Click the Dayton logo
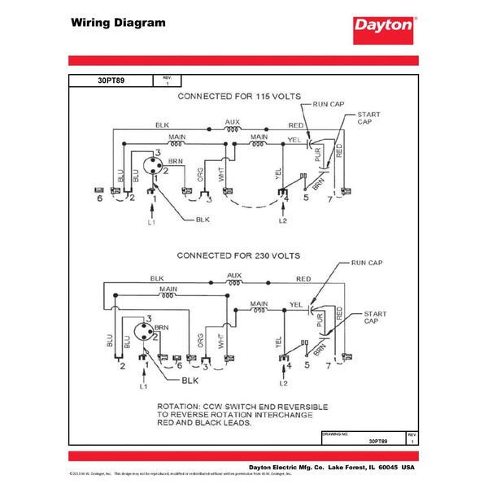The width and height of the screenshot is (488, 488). click(x=383, y=26)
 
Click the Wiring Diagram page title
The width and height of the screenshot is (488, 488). click(x=119, y=23)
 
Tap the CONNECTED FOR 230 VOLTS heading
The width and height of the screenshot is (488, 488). click(x=237, y=255)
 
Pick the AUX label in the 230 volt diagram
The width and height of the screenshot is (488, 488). click(x=234, y=276)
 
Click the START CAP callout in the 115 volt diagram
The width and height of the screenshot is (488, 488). click(x=368, y=119)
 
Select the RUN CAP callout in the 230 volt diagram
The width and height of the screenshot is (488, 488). click(x=367, y=264)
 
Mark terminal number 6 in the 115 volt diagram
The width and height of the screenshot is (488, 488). click(x=100, y=198)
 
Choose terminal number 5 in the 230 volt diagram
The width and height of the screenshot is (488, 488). click(x=307, y=367)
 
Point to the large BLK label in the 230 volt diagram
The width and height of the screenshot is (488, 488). click(x=190, y=379)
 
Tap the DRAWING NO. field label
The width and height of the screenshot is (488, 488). click(x=336, y=434)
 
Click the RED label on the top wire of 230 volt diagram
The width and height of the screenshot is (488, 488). click(x=303, y=279)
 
